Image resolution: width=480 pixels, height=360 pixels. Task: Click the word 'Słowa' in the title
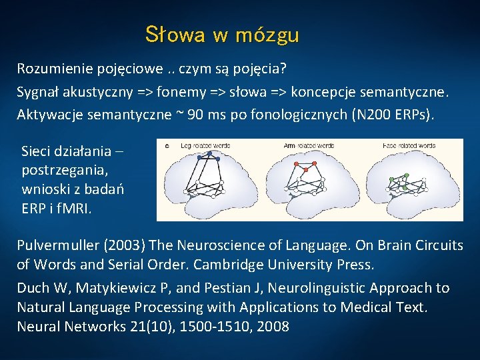coord(174,35)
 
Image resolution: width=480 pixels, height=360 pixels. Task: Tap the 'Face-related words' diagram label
coord(409,145)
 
